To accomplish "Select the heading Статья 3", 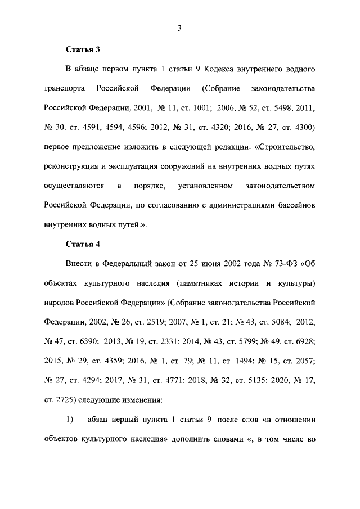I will tap(83, 49).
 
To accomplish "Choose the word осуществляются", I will tap(73, 185).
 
